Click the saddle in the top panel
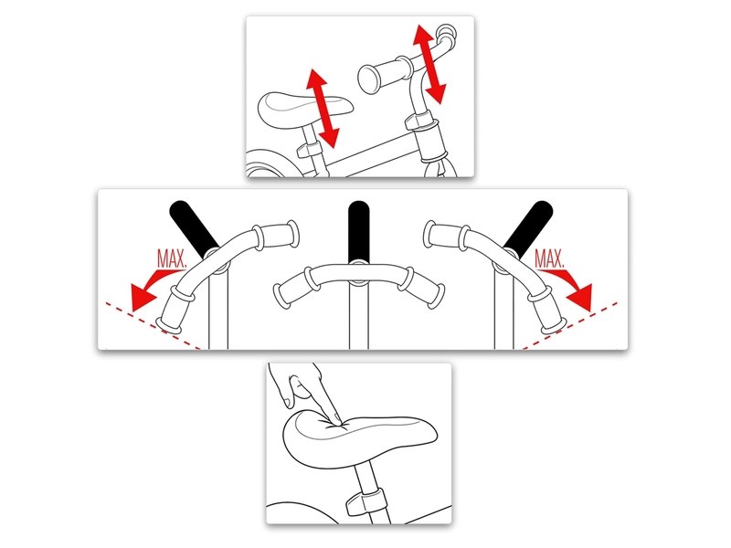click(x=303, y=110)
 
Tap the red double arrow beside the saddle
click(x=323, y=108)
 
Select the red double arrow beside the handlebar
click(x=429, y=64)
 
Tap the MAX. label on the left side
click(x=172, y=259)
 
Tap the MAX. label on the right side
click(x=549, y=259)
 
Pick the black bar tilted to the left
click(x=194, y=229)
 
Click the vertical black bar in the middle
click(x=358, y=231)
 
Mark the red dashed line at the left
click(x=153, y=326)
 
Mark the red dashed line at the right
click(x=569, y=326)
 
